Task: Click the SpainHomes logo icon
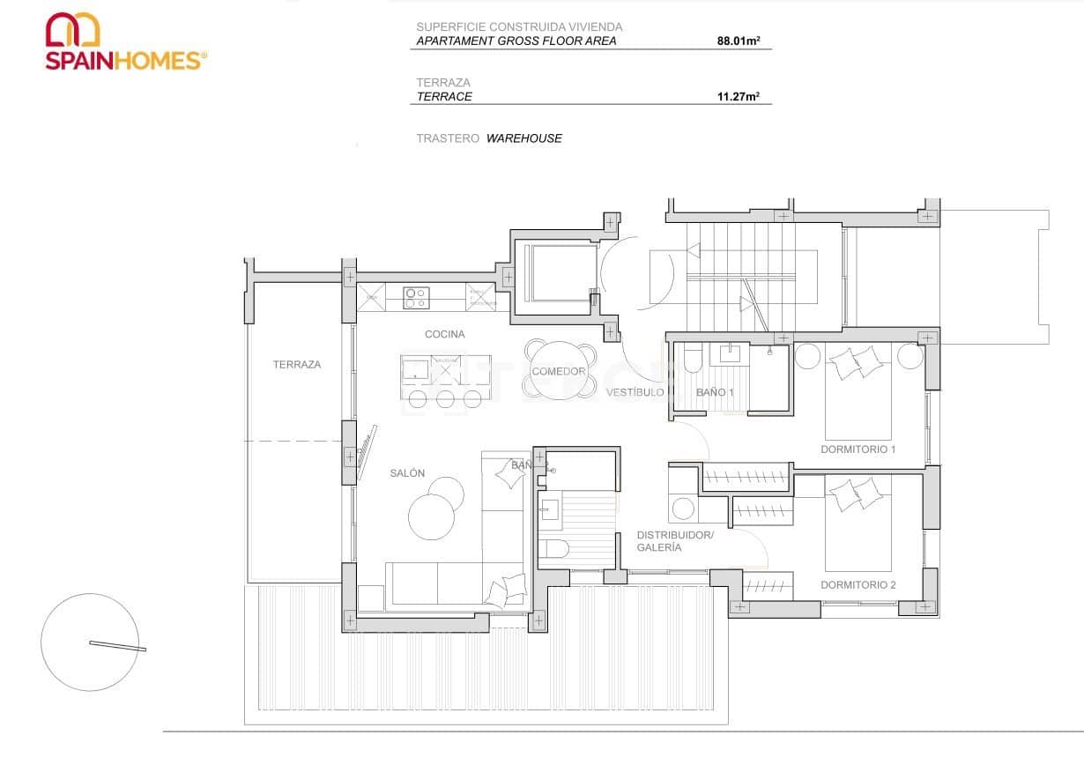[x=72, y=29]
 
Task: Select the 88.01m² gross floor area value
[x=738, y=41]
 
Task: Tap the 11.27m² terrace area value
[x=738, y=97]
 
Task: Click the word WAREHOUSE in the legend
[x=523, y=138]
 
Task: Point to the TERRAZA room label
[x=296, y=364]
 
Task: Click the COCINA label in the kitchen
[x=444, y=334]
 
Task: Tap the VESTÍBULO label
[x=635, y=392]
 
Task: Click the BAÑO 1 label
[x=714, y=392]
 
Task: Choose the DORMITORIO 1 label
[x=858, y=449]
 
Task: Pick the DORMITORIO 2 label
[x=858, y=585]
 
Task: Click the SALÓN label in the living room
[x=407, y=473]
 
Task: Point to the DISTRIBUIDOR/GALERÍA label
[x=674, y=541]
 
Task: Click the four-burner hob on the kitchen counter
[x=416, y=298]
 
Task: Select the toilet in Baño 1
[x=690, y=360]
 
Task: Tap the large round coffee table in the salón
[x=433, y=516]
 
